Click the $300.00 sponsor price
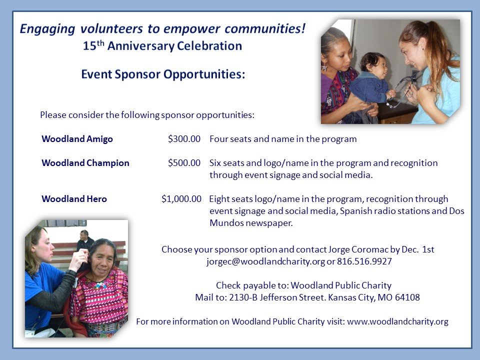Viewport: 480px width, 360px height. click(184, 139)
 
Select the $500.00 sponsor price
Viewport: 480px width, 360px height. click(184, 163)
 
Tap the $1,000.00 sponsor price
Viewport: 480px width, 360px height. click(181, 199)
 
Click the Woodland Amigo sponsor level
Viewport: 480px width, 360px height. click(77, 139)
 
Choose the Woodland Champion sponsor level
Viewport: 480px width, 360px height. click(85, 163)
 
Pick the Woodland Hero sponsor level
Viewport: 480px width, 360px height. click(74, 199)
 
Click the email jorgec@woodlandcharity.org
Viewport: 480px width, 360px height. click(265, 261)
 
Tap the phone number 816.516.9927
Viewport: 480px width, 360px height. click(364, 261)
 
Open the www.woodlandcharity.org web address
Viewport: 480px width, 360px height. click(397, 321)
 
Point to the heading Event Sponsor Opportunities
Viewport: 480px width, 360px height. click(163, 74)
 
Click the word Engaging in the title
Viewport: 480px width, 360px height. click(47, 29)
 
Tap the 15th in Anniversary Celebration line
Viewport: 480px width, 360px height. click(93, 45)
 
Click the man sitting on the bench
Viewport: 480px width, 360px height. click(85, 240)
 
